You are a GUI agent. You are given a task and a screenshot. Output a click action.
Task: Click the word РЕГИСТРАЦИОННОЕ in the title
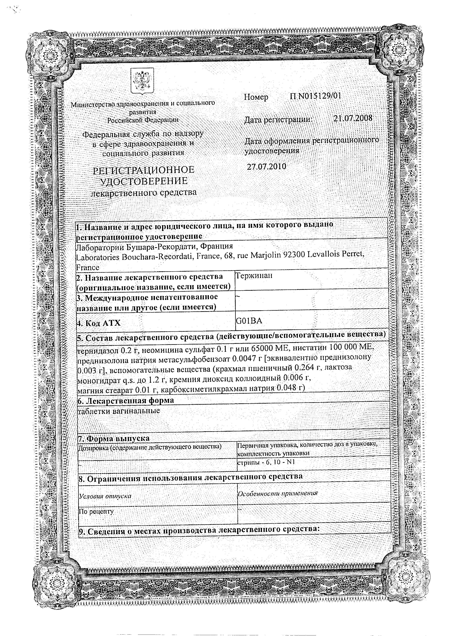[144, 170]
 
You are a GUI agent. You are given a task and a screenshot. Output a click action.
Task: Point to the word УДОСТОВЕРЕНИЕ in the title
[144, 181]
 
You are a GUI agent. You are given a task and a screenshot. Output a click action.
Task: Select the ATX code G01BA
[249, 321]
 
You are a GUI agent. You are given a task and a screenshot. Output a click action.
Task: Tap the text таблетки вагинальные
[119, 411]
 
